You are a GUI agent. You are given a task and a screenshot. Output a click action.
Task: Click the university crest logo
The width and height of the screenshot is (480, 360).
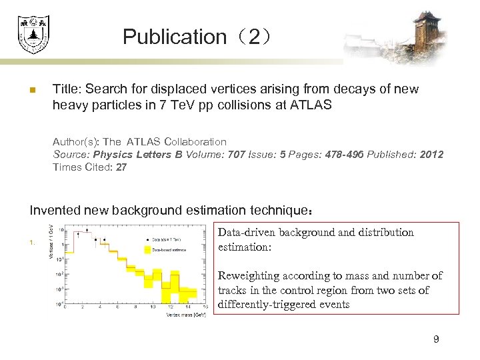[33, 34]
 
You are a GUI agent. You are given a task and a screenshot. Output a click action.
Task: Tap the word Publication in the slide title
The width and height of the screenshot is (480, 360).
[175, 37]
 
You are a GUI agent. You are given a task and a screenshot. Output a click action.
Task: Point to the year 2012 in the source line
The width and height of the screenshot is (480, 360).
[431, 155]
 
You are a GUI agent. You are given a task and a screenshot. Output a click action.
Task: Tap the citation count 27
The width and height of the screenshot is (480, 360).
[121, 167]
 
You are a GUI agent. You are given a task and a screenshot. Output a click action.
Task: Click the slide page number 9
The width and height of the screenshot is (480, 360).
[436, 340]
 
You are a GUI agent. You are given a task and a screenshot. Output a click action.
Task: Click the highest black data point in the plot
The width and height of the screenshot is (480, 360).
[80, 234]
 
